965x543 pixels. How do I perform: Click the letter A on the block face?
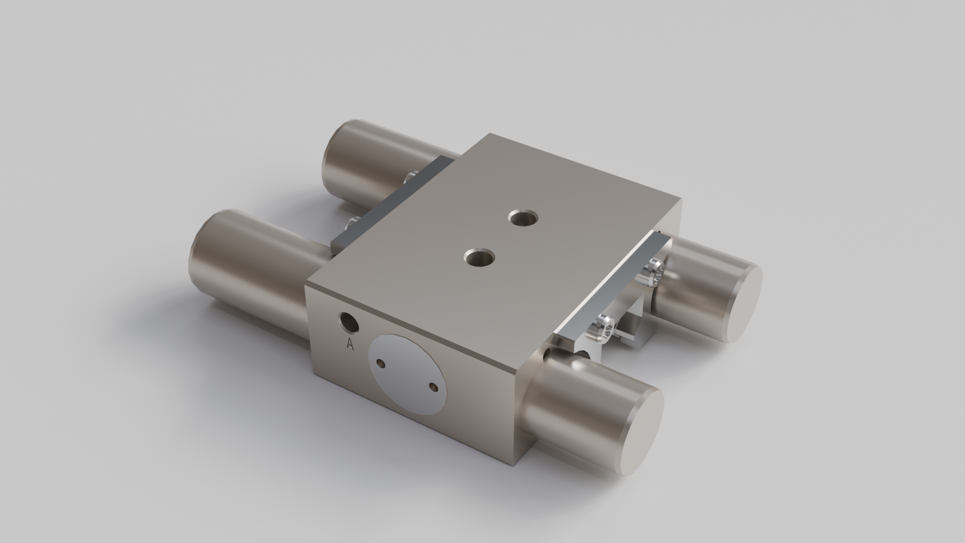coord(350,344)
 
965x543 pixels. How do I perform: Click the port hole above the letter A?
coord(348,322)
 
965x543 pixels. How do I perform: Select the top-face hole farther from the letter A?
coord(523,219)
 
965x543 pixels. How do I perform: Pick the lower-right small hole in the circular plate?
coord(432,387)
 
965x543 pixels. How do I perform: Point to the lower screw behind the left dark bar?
coord(352,223)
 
